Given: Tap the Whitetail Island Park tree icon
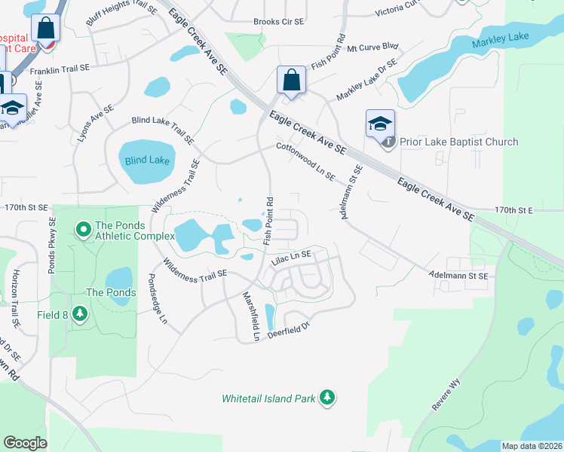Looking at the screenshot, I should (x=326, y=396).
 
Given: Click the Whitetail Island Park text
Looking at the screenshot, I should (x=268, y=398).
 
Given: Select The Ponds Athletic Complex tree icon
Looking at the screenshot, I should (x=83, y=227).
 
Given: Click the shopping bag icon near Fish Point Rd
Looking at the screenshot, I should (x=291, y=80).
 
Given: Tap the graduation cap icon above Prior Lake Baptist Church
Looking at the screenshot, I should (x=380, y=122).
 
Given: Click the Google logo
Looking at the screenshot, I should (x=26, y=442).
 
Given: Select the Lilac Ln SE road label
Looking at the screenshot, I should (x=291, y=259).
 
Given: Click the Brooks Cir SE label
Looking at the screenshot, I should (x=278, y=22).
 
